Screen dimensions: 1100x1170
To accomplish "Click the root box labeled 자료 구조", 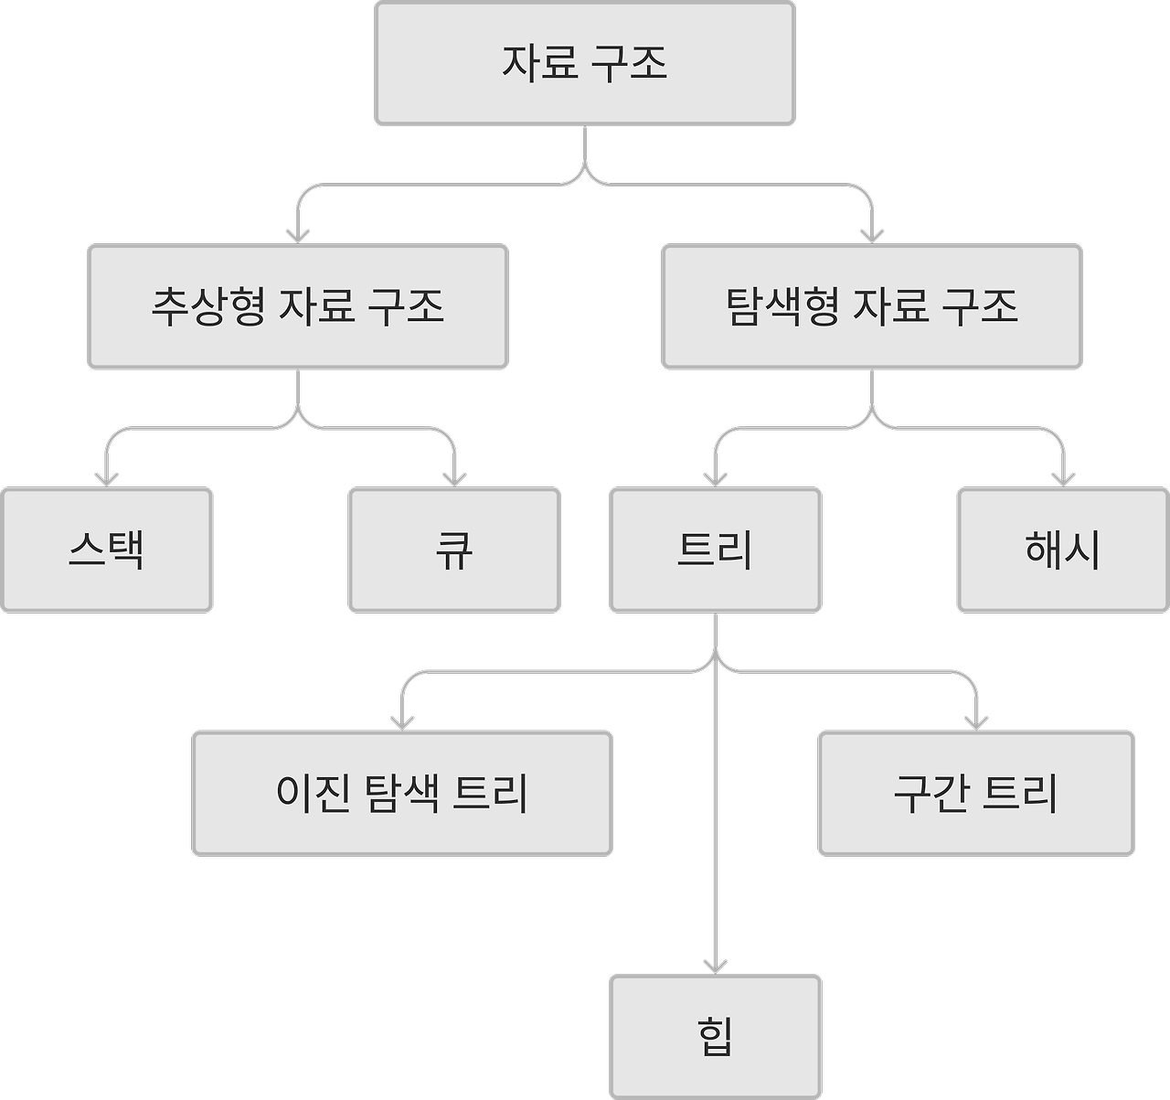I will click(x=585, y=63).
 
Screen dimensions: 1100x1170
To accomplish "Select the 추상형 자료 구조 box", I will click(x=298, y=306).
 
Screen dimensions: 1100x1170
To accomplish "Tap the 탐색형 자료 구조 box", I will click(x=872, y=306).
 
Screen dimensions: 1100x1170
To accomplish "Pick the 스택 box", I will click(x=107, y=550).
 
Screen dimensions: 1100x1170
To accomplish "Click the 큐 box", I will click(x=454, y=550).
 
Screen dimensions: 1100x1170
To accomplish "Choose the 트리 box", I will click(x=716, y=550).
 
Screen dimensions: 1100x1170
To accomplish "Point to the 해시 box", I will click(x=1063, y=550).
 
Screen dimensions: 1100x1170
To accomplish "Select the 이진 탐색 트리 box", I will click(x=402, y=793).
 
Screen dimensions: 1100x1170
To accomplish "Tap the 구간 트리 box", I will click(x=976, y=793).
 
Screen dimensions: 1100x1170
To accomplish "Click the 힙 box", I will click(x=716, y=1037).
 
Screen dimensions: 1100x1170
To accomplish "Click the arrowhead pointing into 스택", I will click(x=107, y=478).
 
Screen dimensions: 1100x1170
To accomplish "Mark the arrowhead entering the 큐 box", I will click(x=454, y=478).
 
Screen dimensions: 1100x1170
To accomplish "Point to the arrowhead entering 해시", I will click(x=1063, y=478).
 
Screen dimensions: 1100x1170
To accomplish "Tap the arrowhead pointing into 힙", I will click(x=716, y=966).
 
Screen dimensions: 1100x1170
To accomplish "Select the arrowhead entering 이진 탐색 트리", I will click(x=402, y=721).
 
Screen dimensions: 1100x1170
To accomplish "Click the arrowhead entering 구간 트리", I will click(x=976, y=721).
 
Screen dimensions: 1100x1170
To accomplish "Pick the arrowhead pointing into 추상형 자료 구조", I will click(x=298, y=235).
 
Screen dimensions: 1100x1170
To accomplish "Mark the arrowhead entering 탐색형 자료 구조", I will click(x=872, y=235).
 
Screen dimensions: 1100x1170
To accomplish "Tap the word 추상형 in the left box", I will click(x=208, y=306).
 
